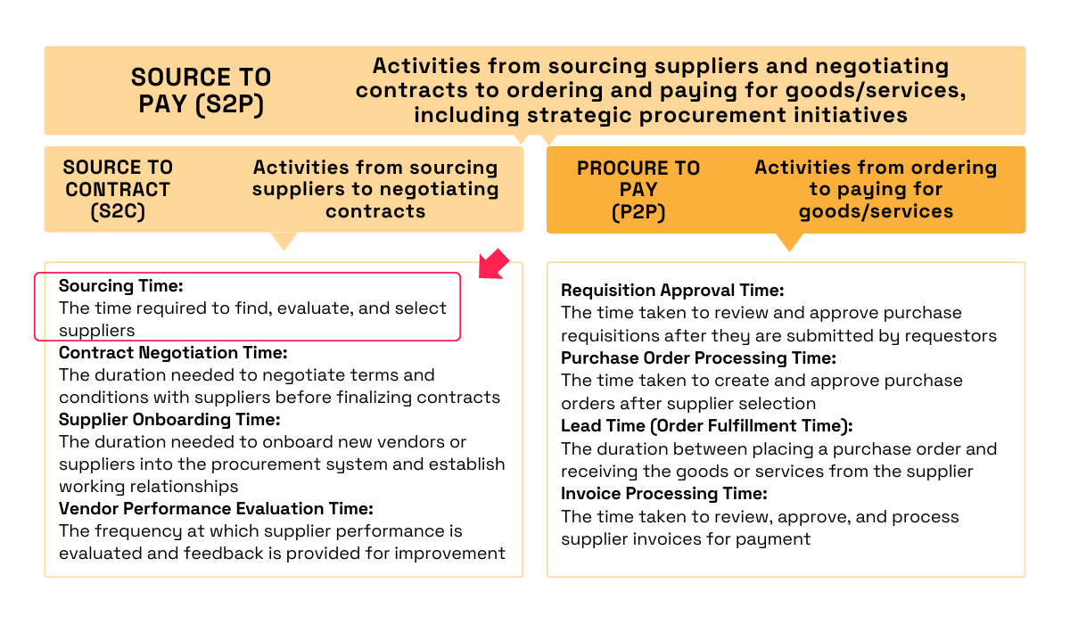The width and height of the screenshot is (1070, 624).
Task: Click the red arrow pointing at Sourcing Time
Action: click(493, 265)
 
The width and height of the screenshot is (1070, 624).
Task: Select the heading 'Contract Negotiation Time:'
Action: click(173, 353)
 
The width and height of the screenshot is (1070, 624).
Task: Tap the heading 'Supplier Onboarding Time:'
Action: click(169, 419)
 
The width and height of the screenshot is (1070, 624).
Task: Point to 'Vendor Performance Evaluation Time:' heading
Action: click(216, 509)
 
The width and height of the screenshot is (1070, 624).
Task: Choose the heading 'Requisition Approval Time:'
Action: click(672, 291)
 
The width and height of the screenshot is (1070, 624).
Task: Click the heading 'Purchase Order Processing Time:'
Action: click(698, 358)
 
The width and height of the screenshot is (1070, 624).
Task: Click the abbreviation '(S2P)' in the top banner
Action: click(230, 104)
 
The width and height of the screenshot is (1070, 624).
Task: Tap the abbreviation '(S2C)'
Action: click(118, 211)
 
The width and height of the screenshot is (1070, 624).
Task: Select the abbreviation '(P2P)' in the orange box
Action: click(638, 212)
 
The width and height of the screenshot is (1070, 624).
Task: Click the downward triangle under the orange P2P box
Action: click(789, 242)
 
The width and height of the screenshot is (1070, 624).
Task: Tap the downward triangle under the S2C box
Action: click(284, 241)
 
